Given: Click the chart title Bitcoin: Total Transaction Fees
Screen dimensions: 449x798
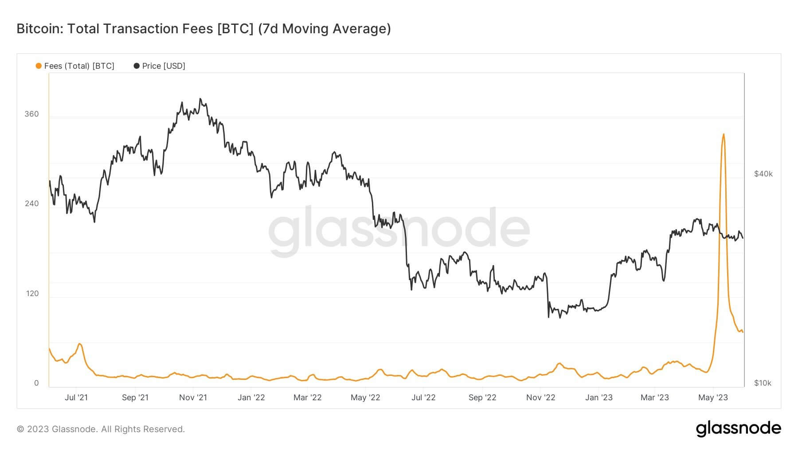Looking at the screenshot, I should point(203,29).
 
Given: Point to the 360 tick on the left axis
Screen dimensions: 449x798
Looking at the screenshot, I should point(31,114).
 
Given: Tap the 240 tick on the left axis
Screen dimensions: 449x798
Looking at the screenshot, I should point(31,203).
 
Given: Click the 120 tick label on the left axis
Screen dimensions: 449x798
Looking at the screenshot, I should point(31,293).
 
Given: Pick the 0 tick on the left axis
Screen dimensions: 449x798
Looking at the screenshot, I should point(36,383).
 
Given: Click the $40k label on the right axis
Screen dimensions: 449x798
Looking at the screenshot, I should point(763,174).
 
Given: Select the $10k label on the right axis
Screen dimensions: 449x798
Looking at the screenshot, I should point(763,383).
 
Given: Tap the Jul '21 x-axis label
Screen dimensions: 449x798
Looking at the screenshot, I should point(76,398).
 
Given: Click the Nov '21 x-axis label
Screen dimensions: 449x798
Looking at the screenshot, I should point(193,398).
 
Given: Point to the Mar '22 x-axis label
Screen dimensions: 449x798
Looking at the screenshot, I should point(307,398).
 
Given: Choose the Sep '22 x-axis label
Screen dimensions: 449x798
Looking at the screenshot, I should point(482,398).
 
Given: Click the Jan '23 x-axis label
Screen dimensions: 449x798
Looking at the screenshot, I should point(598,398).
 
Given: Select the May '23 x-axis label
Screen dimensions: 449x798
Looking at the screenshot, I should point(713,398).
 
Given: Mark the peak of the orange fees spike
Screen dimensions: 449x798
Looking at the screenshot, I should point(724,134).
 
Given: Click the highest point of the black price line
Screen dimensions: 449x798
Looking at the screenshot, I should point(200,99).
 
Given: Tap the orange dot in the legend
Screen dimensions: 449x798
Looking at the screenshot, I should point(39,66).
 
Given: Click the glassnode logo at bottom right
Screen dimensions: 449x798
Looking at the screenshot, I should point(738,429).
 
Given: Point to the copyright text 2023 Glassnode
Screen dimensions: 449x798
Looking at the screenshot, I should point(101,429).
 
